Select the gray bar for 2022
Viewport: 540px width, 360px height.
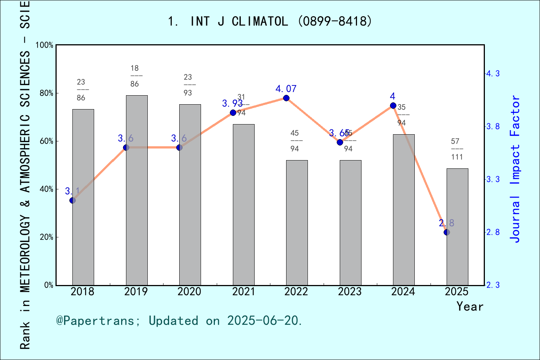click(x=297, y=223)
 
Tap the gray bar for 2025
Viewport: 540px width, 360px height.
click(x=457, y=227)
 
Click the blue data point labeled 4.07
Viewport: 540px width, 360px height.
click(x=286, y=98)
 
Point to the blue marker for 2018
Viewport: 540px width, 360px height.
click(x=73, y=201)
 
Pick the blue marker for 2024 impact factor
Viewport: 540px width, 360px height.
click(x=393, y=106)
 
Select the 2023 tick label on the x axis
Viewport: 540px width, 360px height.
click(x=350, y=292)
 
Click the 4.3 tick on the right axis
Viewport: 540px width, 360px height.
click(x=493, y=73)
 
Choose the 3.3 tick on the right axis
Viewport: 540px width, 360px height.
click(x=493, y=179)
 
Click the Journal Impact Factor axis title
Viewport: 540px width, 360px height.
click(x=515, y=169)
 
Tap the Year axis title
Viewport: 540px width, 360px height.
click(x=469, y=307)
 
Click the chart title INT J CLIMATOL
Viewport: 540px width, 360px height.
click(x=270, y=21)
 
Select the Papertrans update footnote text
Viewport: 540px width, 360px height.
click(x=179, y=321)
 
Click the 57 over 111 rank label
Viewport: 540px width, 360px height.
click(x=457, y=149)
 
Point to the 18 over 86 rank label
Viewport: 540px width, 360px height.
click(x=135, y=76)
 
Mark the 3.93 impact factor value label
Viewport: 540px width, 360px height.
click(x=232, y=103)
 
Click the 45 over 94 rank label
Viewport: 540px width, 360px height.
click(x=295, y=141)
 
